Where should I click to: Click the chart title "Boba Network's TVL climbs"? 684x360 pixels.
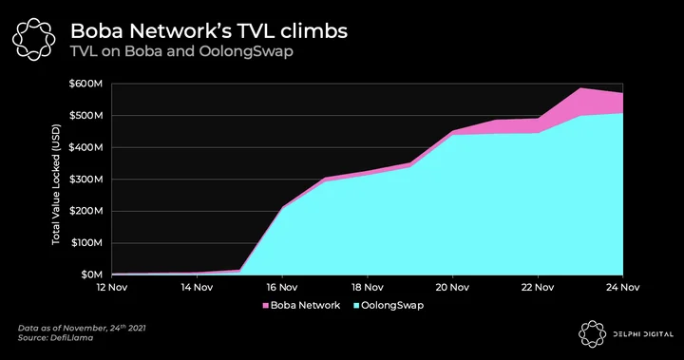point(209,31)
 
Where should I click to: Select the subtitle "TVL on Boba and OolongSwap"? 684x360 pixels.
point(181,51)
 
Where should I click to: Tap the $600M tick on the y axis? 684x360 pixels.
point(85,84)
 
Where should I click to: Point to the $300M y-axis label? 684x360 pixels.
point(85,179)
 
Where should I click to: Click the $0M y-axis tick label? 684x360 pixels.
point(91,275)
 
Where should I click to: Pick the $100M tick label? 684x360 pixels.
point(85,242)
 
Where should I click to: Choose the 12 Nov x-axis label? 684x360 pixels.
point(112,287)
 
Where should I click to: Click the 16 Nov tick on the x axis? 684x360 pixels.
point(282,287)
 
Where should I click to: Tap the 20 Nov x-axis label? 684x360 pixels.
point(452,287)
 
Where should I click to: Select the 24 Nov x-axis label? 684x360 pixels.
point(622,287)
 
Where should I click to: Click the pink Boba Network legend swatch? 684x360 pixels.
point(265,306)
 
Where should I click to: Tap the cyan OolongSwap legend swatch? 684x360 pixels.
point(356,306)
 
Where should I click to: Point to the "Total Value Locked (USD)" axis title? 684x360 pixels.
point(56,184)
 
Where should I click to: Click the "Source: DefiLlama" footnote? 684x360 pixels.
point(55,338)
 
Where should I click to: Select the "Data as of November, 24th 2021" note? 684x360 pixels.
point(82,328)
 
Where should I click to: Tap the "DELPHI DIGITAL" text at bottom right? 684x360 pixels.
point(643,334)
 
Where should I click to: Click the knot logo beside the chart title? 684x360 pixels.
point(34,39)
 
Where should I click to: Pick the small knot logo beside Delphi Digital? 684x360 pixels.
point(593,334)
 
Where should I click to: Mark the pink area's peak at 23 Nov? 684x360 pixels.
point(580,88)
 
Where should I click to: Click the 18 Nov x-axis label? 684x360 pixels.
point(368,287)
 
